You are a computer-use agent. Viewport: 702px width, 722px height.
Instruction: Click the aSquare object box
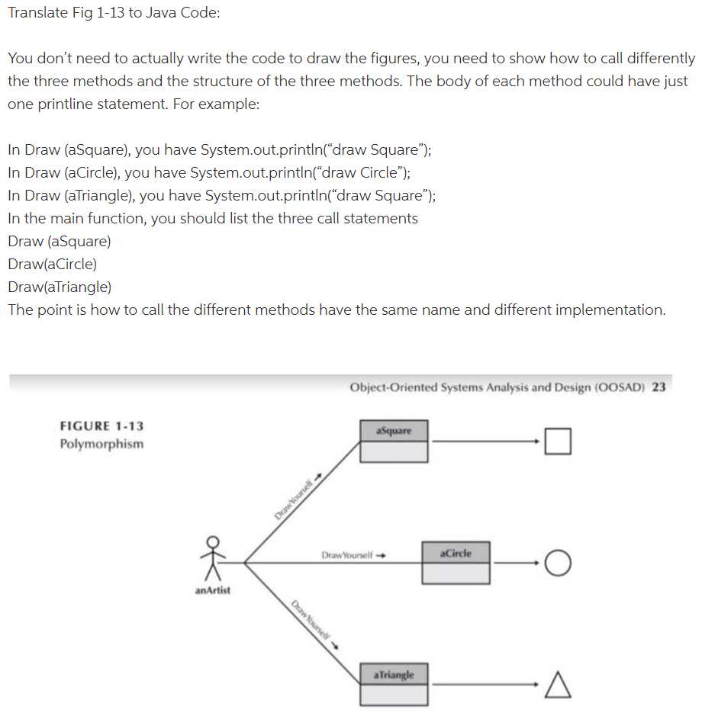click(394, 441)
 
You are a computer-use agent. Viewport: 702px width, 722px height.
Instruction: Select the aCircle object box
click(456, 563)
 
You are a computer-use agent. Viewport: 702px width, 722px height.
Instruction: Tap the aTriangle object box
click(394, 684)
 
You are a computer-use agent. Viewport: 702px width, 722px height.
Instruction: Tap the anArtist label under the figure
click(213, 589)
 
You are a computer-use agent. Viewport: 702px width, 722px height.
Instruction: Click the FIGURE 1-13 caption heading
click(101, 426)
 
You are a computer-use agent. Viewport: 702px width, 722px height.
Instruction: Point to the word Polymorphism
click(101, 444)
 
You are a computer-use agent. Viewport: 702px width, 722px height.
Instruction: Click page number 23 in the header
click(659, 387)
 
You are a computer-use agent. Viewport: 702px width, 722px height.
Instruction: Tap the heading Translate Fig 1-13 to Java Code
click(114, 14)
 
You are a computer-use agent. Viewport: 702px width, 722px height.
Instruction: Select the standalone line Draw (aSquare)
click(59, 241)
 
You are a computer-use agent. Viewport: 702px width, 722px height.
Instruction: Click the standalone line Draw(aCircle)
click(52, 264)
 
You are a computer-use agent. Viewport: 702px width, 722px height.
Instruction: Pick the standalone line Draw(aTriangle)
click(60, 287)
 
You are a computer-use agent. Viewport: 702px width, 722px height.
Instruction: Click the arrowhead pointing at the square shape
click(540, 441)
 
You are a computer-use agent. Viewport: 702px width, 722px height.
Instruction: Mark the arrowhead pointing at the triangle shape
click(540, 685)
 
